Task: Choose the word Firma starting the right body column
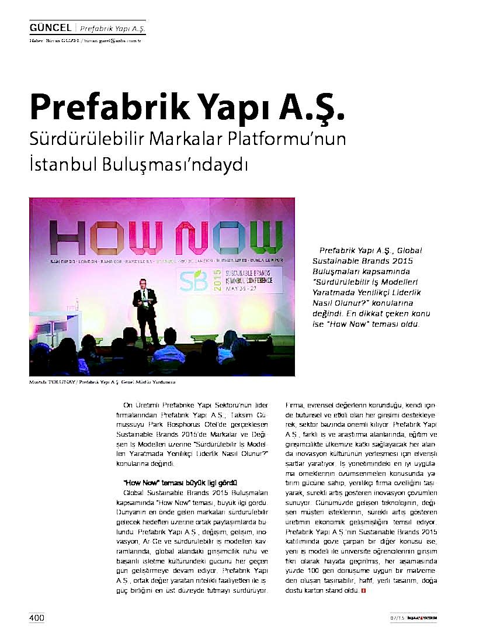point(294,405)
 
